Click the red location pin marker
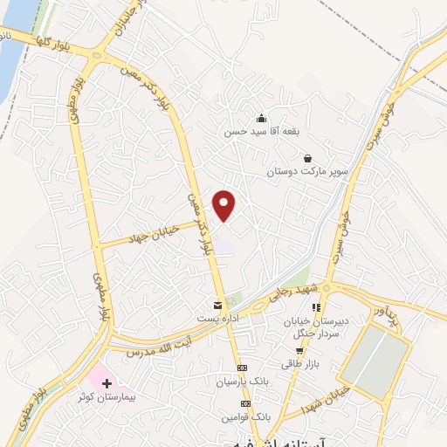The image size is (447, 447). pyautogui.click(x=225, y=205)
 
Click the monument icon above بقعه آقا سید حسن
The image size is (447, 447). pyautogui.click(x=261, y=119)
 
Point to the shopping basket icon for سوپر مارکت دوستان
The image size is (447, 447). pyautogui.click(x=307, y=158)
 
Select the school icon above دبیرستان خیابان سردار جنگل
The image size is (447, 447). pyautogui.click(x=316, y=308)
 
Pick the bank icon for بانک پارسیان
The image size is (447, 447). pyautogui.click(x=243, y=368)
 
